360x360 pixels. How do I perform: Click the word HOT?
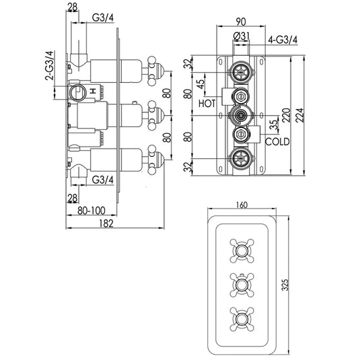tap(208, 103)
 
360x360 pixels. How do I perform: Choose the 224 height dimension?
tap(307, 115)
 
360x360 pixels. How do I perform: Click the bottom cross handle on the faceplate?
tap(240, 316)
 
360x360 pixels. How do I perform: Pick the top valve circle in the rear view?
tap(240, 72)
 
